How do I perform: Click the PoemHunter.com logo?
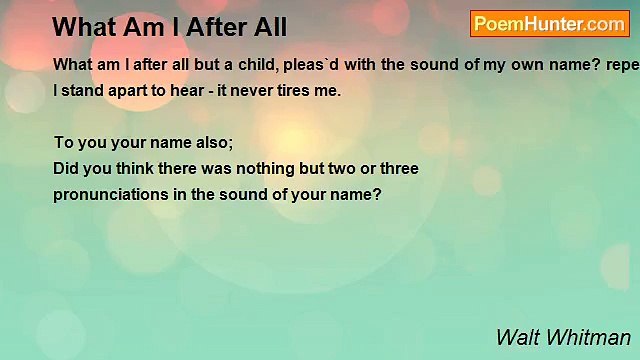tap(549, 24)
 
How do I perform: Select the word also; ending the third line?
tap(213, 143)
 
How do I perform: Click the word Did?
tap(66, 168)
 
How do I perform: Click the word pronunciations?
tap(107, 194)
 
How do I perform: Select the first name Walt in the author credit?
tap(517, 337)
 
